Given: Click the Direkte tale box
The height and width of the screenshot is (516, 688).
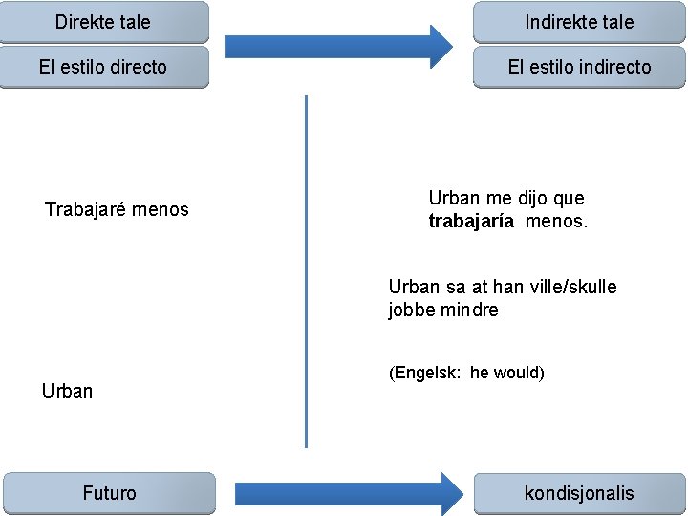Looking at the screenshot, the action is [x=103, y=21].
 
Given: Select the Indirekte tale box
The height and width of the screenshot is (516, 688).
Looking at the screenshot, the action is [x=579, y=21].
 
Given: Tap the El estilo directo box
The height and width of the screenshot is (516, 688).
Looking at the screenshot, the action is [x=103, y=67].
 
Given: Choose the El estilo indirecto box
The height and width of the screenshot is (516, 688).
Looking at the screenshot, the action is [x=579, y=67].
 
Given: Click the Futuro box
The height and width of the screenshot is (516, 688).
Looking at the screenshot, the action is [x=109, y=493].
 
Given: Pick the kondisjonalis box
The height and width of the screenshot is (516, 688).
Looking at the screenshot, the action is [x=579, y=493].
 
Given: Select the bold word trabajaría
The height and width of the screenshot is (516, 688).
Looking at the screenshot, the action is [x=471, y=222].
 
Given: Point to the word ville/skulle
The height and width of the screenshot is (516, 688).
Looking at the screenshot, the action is [x=569, y=287].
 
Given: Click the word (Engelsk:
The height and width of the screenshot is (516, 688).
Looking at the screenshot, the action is [x=424, y=373].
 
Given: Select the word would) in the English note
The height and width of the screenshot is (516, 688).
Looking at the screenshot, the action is [x=517, y=373].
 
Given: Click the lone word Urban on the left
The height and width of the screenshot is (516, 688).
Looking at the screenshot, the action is [x=67, y=391].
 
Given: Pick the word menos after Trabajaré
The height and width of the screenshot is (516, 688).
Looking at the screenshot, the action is [x=161, y=209].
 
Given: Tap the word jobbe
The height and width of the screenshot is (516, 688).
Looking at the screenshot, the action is [x=412, y=310].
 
